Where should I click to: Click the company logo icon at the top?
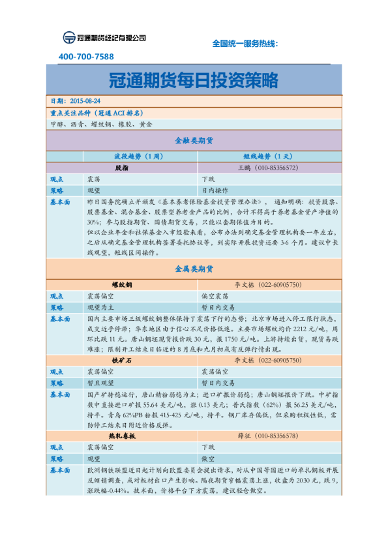(x=69, y=38)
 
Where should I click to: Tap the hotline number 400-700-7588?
(x=86, y=57)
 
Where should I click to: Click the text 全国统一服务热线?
(x=245, y=43)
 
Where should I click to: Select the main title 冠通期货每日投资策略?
(x=194, y=80)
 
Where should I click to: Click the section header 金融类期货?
(x=194, y=140)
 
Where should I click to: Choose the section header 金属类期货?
(x=194, y=269)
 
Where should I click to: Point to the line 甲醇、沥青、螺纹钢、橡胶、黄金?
(x=101, y=123)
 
